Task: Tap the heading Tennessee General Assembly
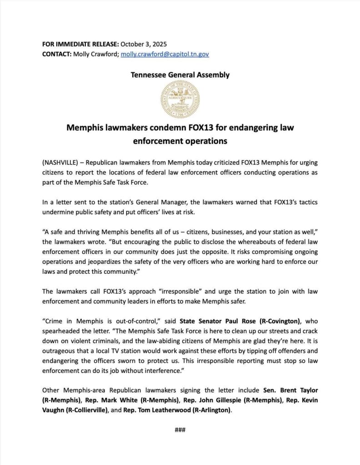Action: point(180,75)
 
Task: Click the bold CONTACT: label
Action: point(56,54)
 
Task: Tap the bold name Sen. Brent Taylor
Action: point(290,390)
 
